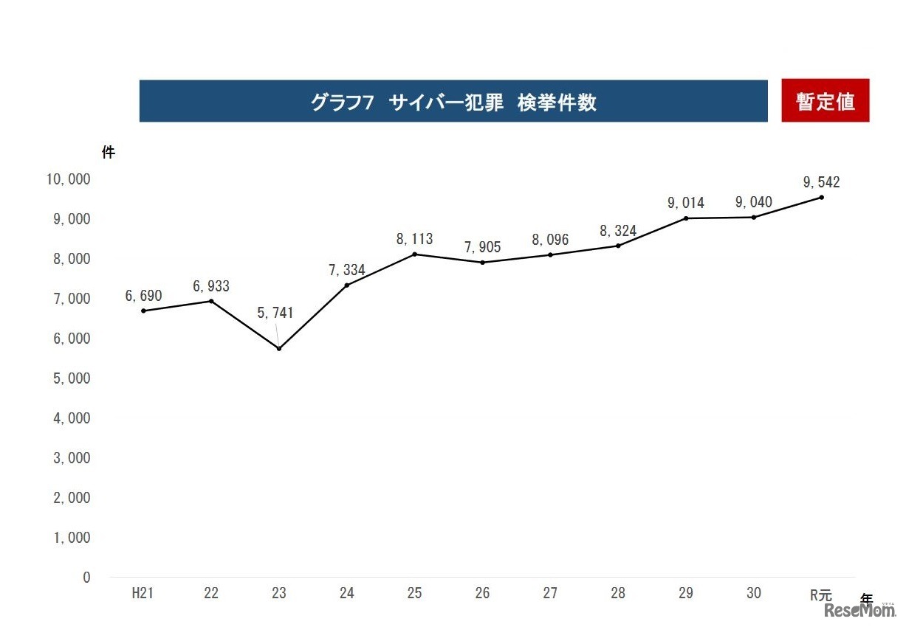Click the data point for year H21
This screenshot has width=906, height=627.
point(143,311)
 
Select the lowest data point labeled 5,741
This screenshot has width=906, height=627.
point(279,348)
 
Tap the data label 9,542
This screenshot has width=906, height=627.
point(822,182)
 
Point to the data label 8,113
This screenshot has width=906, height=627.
point(414,239)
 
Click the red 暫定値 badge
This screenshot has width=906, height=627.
point(826,101)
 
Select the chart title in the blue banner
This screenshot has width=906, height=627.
point(453,102)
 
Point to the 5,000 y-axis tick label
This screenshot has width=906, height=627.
point(70,378)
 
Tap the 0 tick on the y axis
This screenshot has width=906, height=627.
point(86,578)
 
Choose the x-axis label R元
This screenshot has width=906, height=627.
point(820,595)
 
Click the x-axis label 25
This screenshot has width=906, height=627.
point(414,594)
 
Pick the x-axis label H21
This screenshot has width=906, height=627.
point(143,594)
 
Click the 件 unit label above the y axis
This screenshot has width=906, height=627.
point(109,153)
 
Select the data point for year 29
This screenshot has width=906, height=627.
point(686,218)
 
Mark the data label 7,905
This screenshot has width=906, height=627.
point(482,247)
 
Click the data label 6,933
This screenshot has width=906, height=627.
point(211,285)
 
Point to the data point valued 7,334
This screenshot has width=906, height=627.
point(347,285)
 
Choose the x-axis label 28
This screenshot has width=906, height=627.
point(618,594)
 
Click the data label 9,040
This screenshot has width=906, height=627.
point(754,202)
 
